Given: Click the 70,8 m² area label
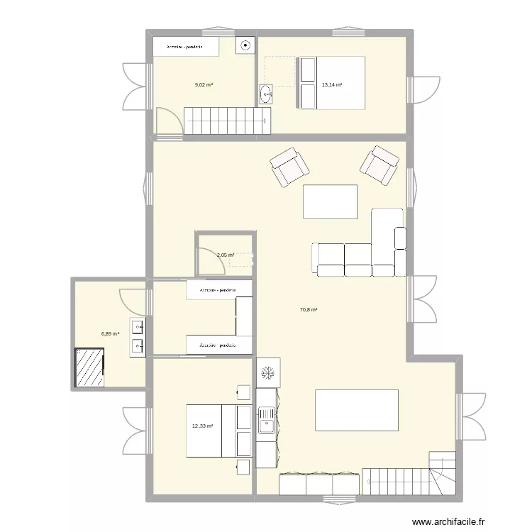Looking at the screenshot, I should point(309,309).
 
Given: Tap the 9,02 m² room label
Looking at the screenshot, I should point(204,84).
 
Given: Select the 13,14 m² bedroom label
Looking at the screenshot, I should point(332,84).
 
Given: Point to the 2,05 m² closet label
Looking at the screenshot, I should point(226,255).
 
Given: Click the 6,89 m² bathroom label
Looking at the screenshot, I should point(110,333).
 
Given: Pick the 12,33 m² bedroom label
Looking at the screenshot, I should point(202,426).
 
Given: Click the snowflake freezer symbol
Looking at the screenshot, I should point(269,372).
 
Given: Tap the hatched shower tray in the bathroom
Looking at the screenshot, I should point(89,367).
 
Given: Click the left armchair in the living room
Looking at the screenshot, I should point(289,167).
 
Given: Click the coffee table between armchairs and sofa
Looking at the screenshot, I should point(330,201).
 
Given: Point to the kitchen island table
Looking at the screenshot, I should point(356,410).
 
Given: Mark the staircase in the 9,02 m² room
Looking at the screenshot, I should point(228,120).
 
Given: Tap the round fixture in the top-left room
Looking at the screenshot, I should point(245,45).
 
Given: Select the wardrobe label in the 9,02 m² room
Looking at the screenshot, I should point(185,48).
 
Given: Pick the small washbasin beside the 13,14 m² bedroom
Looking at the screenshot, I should point(266,94).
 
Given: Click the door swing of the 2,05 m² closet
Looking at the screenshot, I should point(208,261).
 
